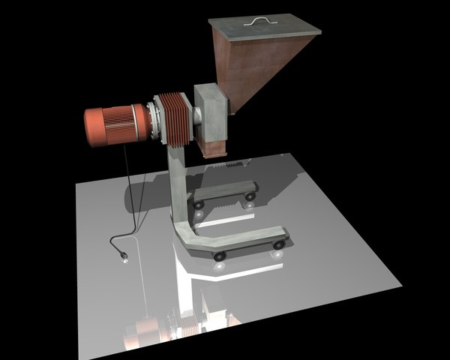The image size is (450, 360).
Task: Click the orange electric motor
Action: [116, 124]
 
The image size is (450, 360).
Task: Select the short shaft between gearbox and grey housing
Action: [194, 116]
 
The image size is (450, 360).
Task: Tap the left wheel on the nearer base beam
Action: [219, 256]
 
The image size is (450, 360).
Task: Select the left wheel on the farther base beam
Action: [199, 203]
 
